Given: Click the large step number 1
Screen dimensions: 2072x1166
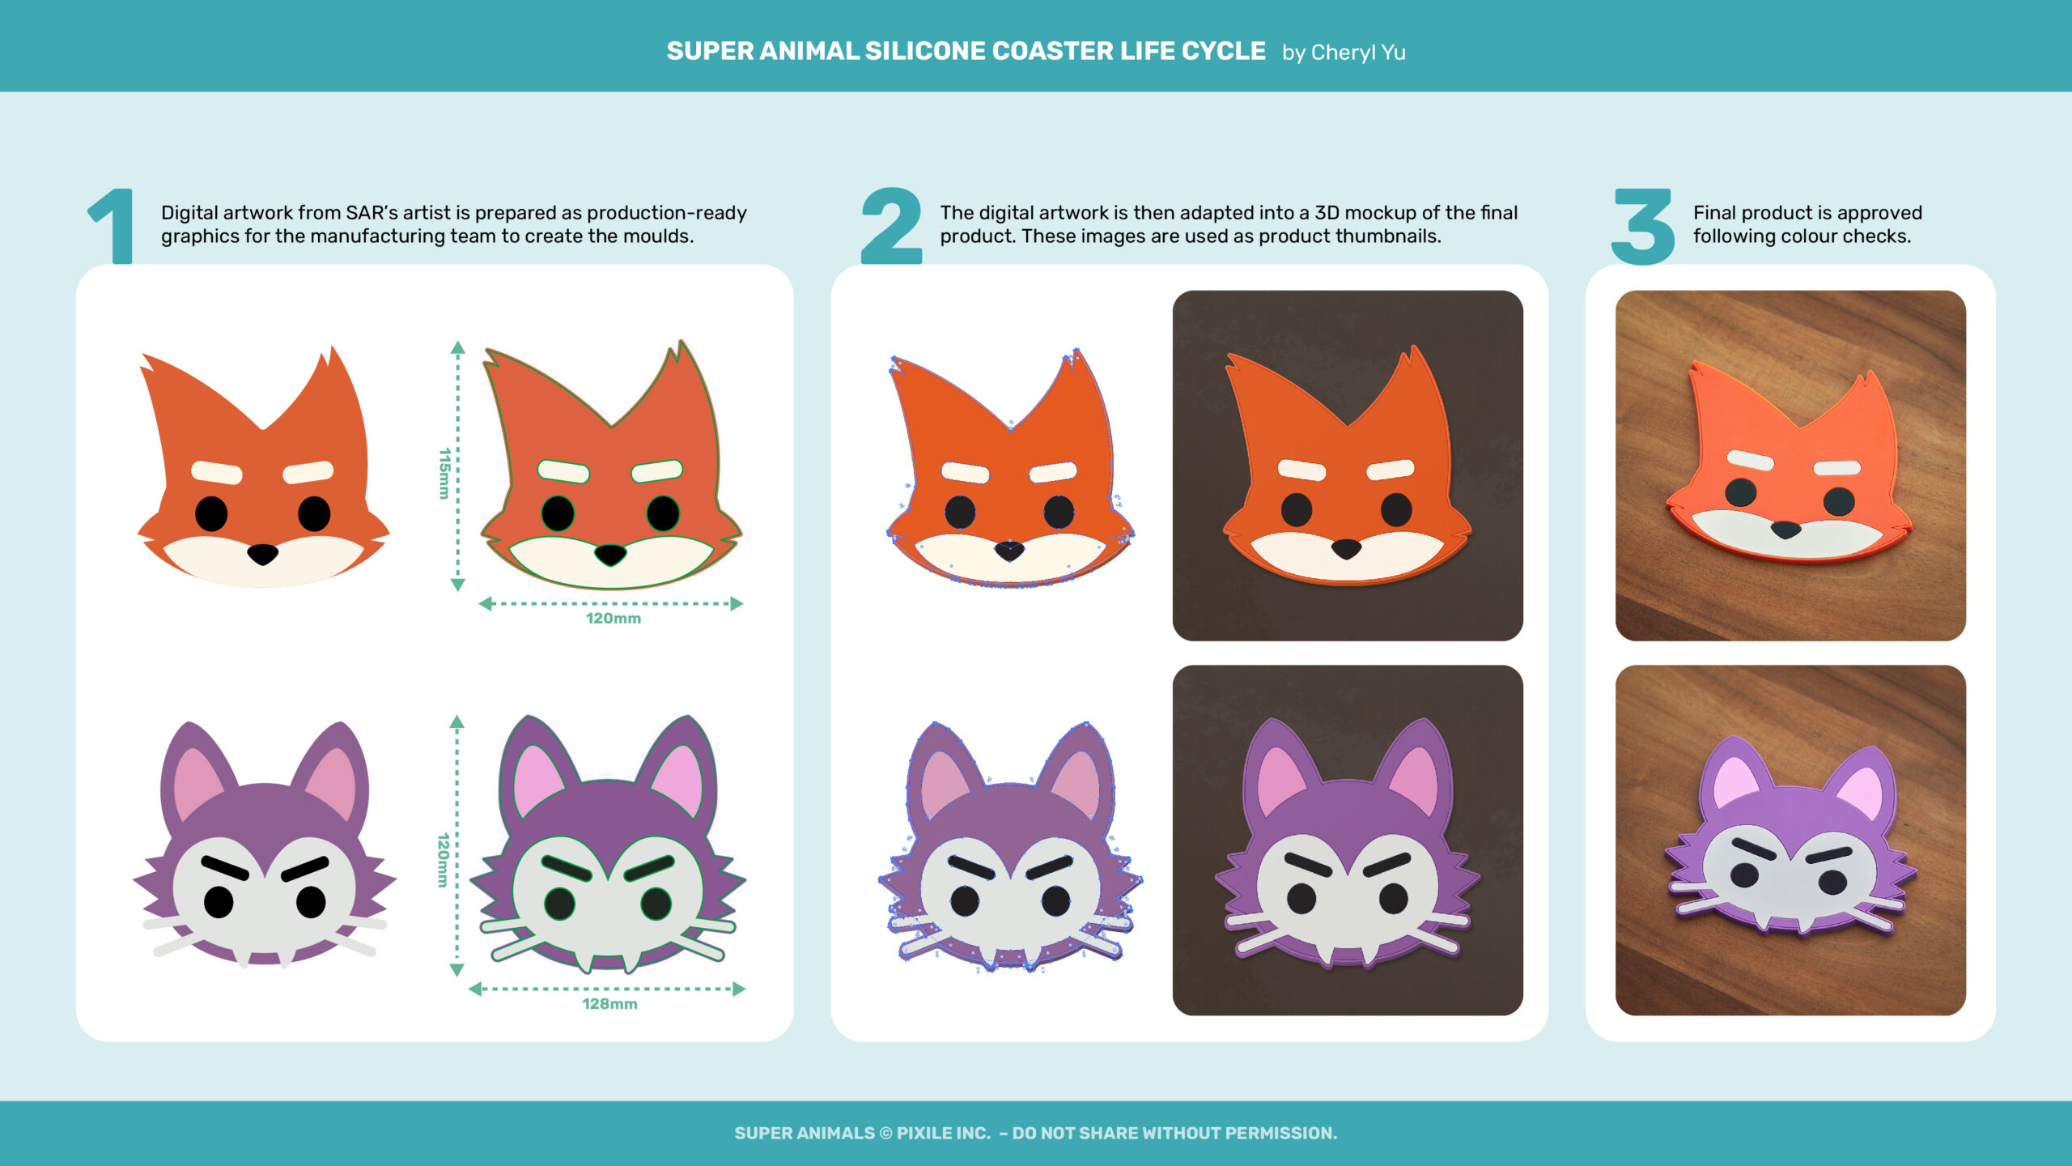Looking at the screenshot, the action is pos(113,226).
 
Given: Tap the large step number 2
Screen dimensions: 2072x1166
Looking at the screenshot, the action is pos(891,226).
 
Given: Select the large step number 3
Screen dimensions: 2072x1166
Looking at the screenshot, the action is pos(1643,227).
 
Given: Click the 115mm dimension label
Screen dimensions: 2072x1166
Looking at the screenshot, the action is pos(444,474).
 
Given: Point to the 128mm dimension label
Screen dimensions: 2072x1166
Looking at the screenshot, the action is pos(609,1004).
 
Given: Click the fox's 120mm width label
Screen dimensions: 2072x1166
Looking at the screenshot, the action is pos(614,619).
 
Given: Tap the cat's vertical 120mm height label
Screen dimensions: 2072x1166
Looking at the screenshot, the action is pos(443,860).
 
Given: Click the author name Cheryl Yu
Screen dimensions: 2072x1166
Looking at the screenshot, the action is pos(1358,53).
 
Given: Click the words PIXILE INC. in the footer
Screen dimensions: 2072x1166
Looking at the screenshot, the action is pos(944,1134).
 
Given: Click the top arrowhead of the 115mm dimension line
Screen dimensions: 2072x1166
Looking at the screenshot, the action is pos(458,348).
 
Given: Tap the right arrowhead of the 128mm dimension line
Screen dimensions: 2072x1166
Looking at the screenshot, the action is pos(738,989).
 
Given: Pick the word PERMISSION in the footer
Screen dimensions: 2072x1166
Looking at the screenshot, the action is pos(1280,1134).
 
